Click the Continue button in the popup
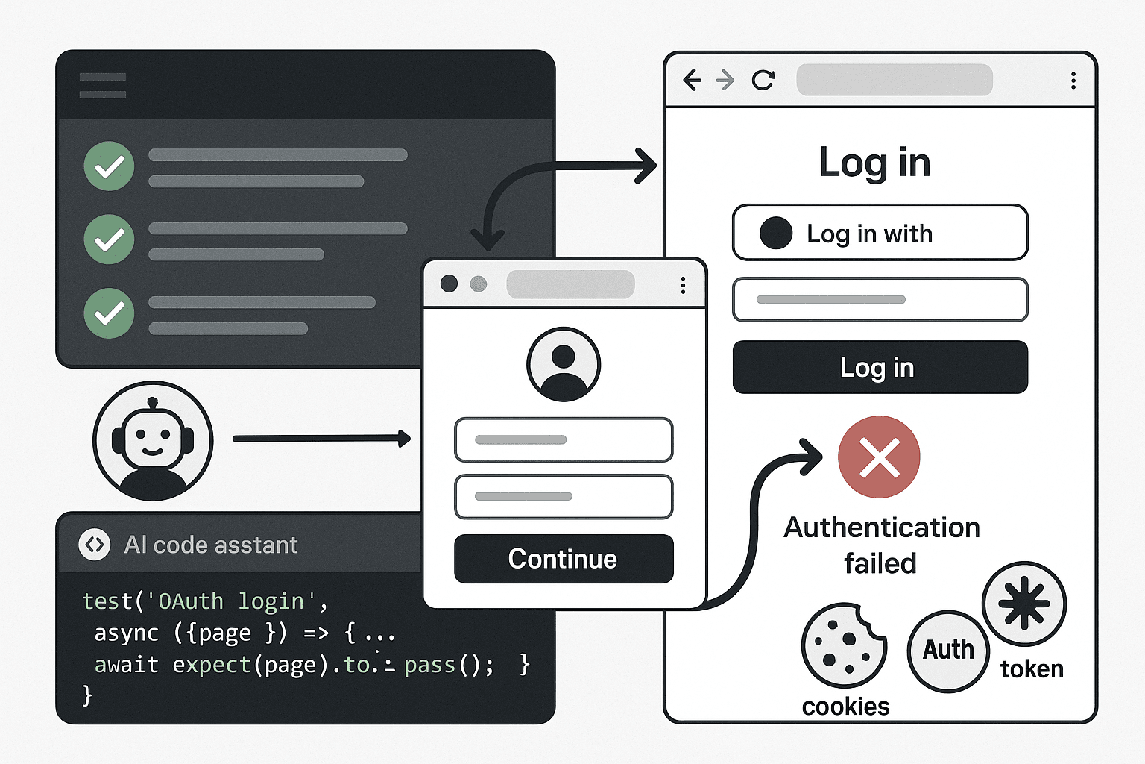click(x=564, y=558)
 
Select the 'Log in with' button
click(x=880, y=233)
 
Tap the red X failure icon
click(x=879, y=457)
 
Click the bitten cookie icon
click(x=843, y=645)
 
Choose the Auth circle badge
click(x=948, y=651)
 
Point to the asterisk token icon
click(x=1023, y=603)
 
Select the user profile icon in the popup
click(x=564, y=364)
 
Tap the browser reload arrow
click(x=763, y=80)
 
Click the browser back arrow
click(x=692, y=80)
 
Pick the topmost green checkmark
click(x=109, y=166)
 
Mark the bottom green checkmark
click(x=109, y=313)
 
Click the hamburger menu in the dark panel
click(x=103, y=86)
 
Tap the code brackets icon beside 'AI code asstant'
click(x=95, y=545)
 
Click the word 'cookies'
click(x=845, y=707)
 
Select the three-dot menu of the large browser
click(x=1073, y=81)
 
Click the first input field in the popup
click(x=564, y=439)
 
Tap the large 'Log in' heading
click(x=874, y=163)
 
